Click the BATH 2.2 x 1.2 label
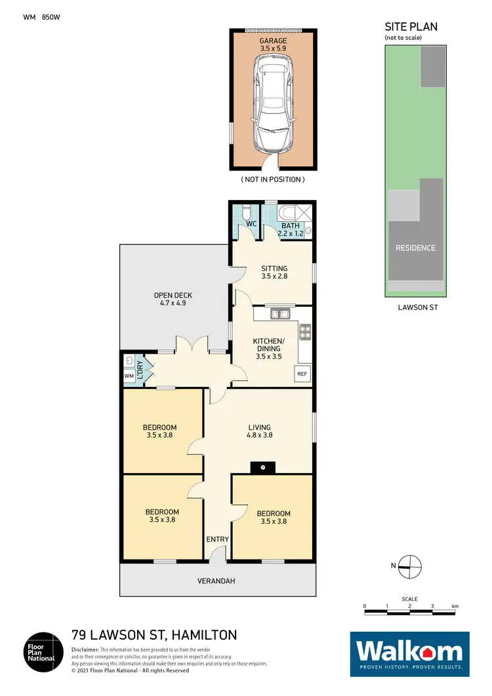(x=291, y=229)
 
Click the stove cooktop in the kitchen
(x=305, y=333)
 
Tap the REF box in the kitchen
(x=302, y=374)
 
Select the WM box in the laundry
(x=129, y=376)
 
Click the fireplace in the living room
(x=263, y=466)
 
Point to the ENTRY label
(x=218, y=540)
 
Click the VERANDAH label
(x=217, y=581)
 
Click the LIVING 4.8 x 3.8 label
(x=259, y=430)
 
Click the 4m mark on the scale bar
(x=455, y=607)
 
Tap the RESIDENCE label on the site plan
(x=415, y=248)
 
